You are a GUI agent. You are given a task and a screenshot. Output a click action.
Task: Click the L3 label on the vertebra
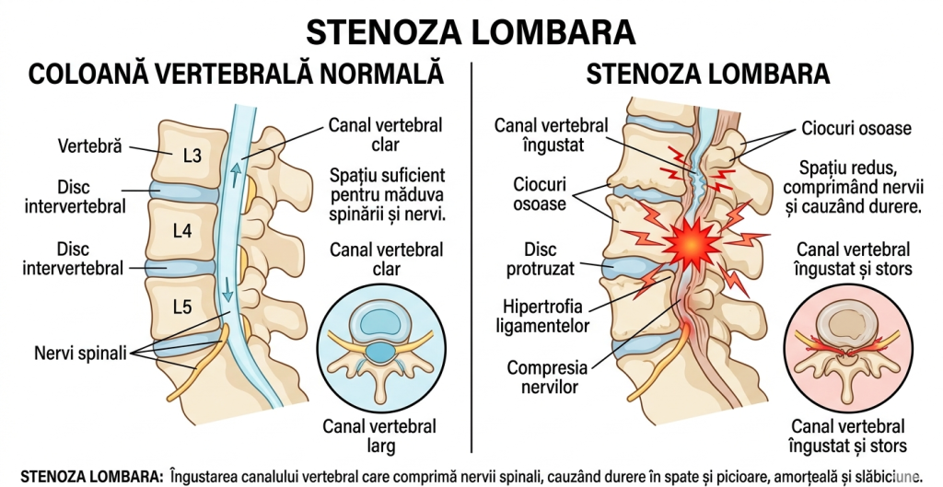pyautogui.click(x=192, y=156)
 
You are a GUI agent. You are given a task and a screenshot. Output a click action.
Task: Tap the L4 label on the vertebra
pyautogui.click(x=182, y=230)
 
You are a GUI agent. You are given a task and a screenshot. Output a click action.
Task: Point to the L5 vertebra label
pyautogui.click(x=182, y=307)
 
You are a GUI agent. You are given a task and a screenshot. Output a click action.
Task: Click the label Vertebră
pyautogui.click(x=89, y=146)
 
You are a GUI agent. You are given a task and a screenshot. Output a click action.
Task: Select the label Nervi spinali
pyautogui.click(x=81, y=353)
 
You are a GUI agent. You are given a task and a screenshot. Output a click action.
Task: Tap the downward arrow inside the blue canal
pyautogui.click(x=227, y=289)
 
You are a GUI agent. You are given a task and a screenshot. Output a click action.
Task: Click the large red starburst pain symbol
pyautogui.click(x=693, y=244)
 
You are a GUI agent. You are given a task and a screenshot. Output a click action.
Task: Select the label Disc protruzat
pyautogui.click(x=540, y=259)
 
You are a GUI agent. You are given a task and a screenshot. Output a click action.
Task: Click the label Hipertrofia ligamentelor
pyautogui.click(x=542, y=317)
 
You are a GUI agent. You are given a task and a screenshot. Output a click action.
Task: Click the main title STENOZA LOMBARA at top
pyautogui.click(x=471, y=32)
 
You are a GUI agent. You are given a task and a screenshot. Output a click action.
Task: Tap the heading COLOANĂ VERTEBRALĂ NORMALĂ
pyautogui.click(x=237, y=75)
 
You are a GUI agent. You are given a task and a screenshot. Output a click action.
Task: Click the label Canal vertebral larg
pyautogui.click(x=379, y=436)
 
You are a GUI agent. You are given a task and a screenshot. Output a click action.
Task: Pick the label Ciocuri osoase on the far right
pyautogui.click(x=856, y=128)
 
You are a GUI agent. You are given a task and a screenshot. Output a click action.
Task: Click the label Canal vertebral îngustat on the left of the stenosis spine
pyautogui.click(x=551, y=134)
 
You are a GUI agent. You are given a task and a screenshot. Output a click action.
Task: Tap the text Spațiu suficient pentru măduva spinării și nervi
pyautogui.click(x=388, y=195)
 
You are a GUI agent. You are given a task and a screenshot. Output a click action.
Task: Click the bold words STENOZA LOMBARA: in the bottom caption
pyautogui.click(x=91, y=476)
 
